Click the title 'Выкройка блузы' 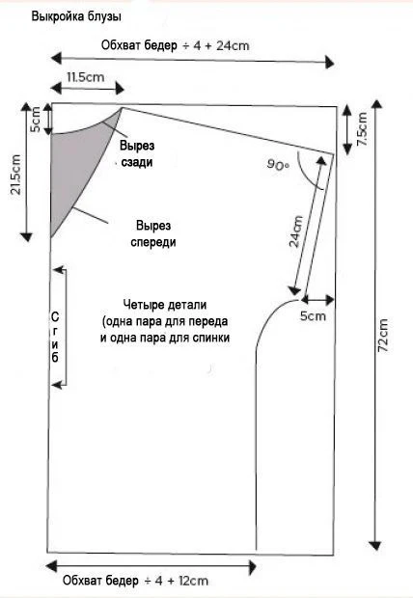coord(76,17)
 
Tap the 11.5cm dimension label coord(86,77)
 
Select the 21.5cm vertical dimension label coord(15,175)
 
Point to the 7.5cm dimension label coord(362,129)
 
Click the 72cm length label coord(383,336)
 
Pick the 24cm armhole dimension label coord(296,231)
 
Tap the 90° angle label coord(278,165)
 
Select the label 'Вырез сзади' coord(137,153)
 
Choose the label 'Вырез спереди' coord(153,233)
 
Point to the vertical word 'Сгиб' coord(55,338)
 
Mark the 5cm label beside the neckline coord(35,120)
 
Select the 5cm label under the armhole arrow coord(313,316)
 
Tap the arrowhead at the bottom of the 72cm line coord(375,545)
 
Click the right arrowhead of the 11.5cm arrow coord(120,89)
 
